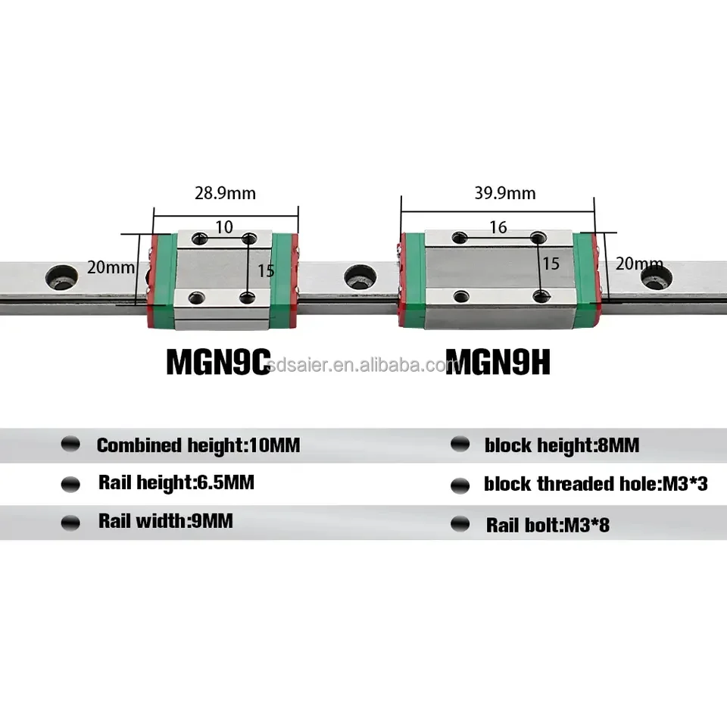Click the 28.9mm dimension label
point(226,193)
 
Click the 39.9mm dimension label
point(506,193)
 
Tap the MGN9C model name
point(218,362)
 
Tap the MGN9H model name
point(498,362)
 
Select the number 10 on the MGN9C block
point(223,226)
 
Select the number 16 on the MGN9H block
point(498,227)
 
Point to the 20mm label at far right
point(638,264)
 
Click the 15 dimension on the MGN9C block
point(265,270)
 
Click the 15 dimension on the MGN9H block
point(551,263)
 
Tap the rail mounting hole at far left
point(61,276)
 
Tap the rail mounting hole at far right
point(653,278)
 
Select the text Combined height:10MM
point(198,445)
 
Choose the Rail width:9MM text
point(165,521)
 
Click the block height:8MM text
point(561,445)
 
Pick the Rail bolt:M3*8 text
point(547,524)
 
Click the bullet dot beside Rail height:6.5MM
point(70,483)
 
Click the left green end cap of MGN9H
point(412,280)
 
